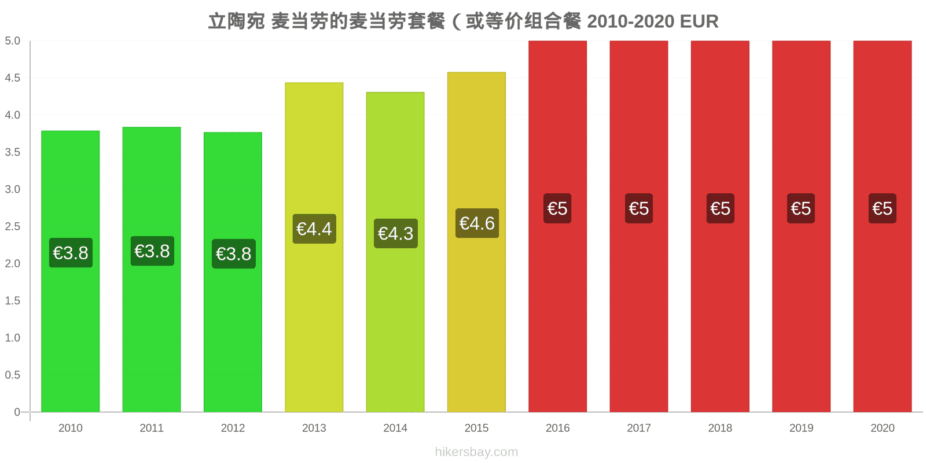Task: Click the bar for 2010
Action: (70, 271)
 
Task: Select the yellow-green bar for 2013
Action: (314, 247)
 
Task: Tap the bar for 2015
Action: (476, 242)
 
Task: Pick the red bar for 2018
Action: (720, 226)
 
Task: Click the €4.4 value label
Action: (314, 229)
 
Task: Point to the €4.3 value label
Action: (396, 234)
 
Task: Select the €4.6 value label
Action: (477, 223)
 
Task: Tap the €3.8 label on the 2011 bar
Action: (152, 251)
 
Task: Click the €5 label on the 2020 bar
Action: (882, 208)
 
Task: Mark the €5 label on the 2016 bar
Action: (557, 208)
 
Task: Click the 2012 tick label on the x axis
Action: (233, 428)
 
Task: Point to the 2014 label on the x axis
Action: (395, 428)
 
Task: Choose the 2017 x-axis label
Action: (639, 428)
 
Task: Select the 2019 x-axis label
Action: (801, 428)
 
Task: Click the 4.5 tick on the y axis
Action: (12, 78)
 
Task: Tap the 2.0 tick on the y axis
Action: (12, 263)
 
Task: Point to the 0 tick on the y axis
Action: (17, 411)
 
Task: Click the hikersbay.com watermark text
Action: (476, 452)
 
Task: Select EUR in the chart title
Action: (699, 21)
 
